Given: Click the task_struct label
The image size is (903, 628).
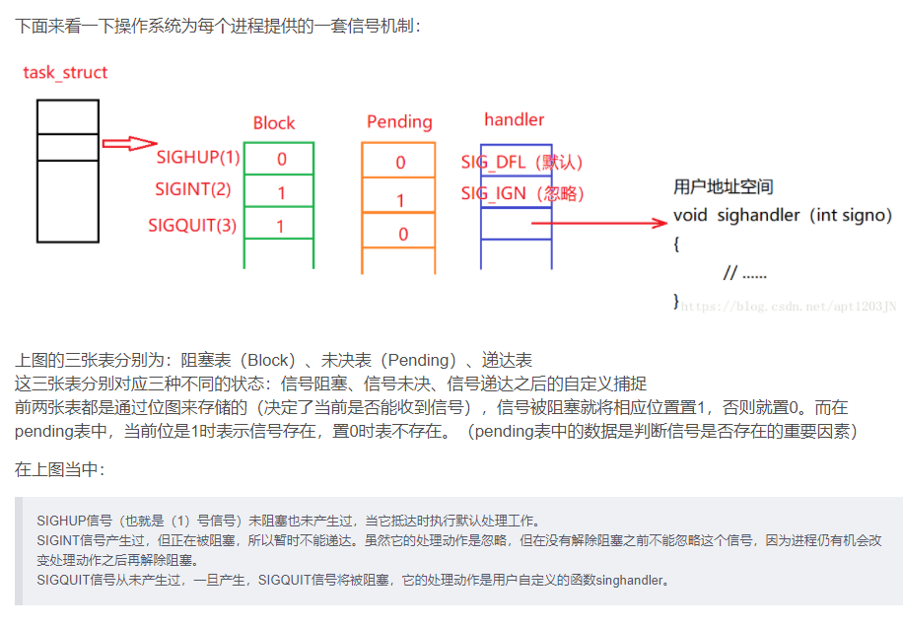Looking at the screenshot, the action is (x=65, y=72).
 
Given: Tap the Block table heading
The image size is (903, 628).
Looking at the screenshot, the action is (x=273, y=122).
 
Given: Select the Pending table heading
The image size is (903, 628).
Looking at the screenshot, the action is (x=399, y=121).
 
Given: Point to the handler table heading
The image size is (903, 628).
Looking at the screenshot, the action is (x=514, y=119).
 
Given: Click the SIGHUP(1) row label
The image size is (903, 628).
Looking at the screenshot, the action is (x=198, y=158).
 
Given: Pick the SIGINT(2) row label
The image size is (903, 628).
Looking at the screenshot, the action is (x=193, y=189).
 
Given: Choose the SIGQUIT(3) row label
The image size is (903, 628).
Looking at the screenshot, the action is (x=192, y=225).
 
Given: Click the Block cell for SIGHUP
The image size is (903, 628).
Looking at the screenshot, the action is (x=280, y=159).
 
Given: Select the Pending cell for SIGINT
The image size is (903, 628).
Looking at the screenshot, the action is (x=399, y=200).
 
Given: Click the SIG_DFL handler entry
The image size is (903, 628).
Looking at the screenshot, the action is (x=523, y=162).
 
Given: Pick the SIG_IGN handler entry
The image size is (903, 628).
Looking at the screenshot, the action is (x=523, y=194).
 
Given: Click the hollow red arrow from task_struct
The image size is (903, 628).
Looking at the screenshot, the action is (x=129, y=144).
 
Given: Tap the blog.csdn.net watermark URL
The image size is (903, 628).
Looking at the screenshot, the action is (x=789, y=307).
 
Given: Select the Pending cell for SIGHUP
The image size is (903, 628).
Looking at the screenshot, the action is (x=399, y=163).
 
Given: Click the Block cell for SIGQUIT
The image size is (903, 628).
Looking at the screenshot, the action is (x=280, y=226).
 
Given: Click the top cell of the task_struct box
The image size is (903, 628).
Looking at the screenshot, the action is (x=68, y=116).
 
